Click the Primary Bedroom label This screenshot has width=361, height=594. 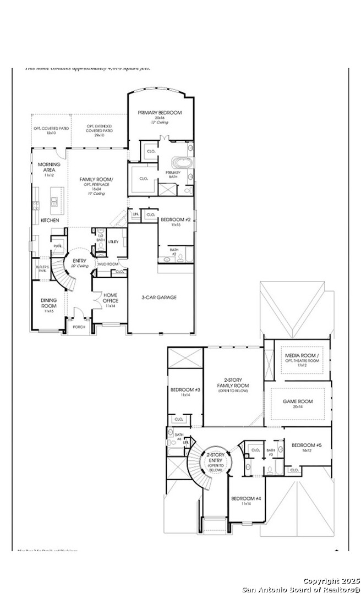point(160,113)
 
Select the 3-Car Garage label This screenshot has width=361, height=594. point(159,298)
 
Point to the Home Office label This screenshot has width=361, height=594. point(110,298)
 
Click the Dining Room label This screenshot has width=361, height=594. point(49,303)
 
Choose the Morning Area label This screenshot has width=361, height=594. point(49,167)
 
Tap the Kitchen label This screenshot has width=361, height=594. point(50,221)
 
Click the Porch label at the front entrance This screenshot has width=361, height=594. point(79,327)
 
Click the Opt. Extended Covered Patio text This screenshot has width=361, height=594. point(100,128)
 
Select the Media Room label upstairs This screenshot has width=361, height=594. point(299,356)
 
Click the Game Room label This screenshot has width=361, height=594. point(298,402)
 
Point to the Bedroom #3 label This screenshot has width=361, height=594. point(185,390)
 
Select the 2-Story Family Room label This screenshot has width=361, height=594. point(233,383)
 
